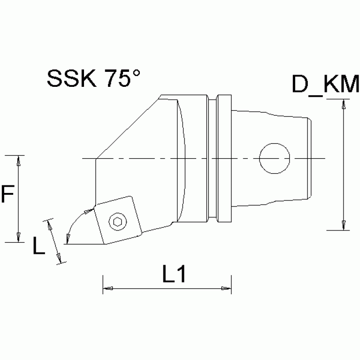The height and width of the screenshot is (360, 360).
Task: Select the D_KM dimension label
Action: (x=325, y=86)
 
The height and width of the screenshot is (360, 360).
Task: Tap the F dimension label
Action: (x=7, y=195)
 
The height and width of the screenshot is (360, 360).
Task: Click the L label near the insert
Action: (x=39, y=245)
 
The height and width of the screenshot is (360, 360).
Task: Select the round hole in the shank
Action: (x=275, y=158)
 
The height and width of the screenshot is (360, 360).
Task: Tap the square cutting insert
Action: (x=117, y=221)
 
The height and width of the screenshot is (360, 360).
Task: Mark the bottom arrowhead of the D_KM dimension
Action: (x=344, y=224)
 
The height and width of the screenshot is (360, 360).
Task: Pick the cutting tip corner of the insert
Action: (x=67, y=244)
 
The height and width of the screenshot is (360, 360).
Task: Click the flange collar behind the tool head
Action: (x=224, y=158)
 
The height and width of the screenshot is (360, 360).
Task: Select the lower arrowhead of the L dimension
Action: (x=59, y=259)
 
